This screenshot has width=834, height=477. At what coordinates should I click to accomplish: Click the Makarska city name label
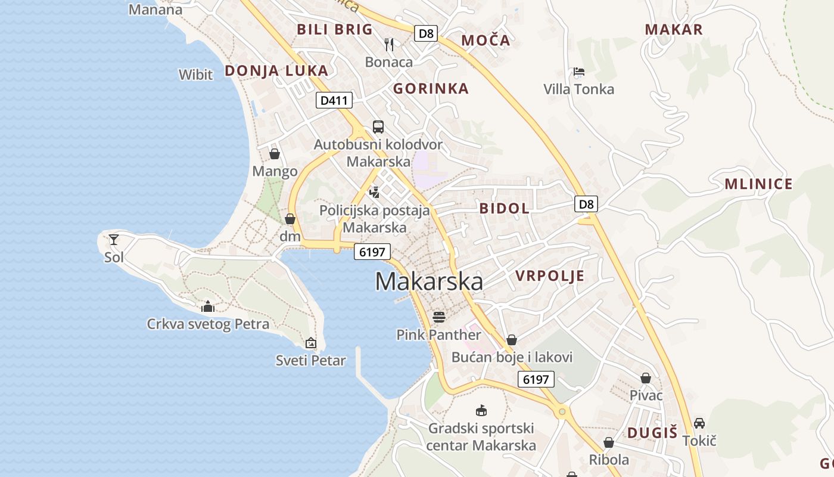(x=429, y=281)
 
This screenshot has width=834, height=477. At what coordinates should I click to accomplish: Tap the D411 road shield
(x=334, y=100)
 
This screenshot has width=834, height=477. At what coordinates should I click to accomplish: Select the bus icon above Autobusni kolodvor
(x=378, y=126)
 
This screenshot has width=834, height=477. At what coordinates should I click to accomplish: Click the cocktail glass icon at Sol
(x=114, y=240)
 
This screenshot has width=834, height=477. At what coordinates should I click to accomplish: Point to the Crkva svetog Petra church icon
(x=208, y=307)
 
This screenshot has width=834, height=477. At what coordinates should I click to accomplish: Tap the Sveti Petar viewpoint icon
(x=310, y=343)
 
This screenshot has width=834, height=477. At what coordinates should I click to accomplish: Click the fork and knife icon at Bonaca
(x=389, y=44)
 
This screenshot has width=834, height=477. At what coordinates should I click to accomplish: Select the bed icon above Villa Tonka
(x=578, y=72)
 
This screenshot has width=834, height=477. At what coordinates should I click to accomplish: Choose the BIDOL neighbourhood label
(x=504, y=208)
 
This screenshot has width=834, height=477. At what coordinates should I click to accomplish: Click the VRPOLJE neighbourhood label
(x=550, y=275)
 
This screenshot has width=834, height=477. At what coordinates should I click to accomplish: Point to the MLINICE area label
(x=758, y=184)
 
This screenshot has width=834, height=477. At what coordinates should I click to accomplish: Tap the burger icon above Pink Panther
(x=439, y=317)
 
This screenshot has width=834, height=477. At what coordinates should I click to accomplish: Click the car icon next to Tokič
(x=699, y=423)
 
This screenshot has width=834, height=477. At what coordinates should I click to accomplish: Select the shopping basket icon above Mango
(x=275, y=154)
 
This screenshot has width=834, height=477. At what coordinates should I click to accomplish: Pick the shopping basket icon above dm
(x=290, y=219)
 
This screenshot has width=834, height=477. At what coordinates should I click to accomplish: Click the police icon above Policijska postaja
(x=374, y=192)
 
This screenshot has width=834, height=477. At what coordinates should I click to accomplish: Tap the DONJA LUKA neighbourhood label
(x=276, y=70)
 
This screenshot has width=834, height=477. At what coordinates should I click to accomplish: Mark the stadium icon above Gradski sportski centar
(x=481, y=410)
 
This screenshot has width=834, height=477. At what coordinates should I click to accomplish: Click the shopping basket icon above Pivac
(x=646, y=378)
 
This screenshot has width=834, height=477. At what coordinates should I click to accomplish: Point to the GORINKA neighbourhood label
(x=431, y=89)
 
